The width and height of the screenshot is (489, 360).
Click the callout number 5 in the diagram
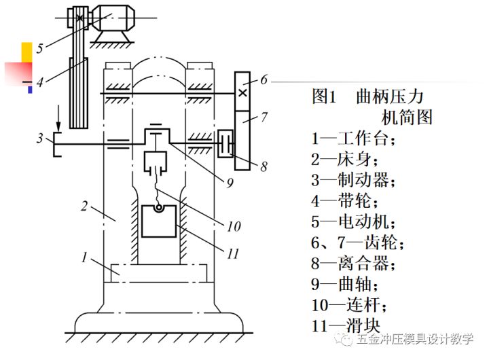41,48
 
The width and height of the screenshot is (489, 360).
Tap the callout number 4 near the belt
40,82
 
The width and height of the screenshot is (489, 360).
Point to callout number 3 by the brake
40,139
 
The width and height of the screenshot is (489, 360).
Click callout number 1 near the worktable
84,257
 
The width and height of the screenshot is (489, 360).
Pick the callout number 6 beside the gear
264,79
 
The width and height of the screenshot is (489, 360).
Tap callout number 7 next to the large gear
265,118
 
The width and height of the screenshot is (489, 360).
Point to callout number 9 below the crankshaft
230,181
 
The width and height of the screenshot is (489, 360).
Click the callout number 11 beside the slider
233,254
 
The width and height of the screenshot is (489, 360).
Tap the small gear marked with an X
242,91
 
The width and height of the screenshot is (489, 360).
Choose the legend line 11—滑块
346,325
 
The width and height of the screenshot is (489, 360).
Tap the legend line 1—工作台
352,139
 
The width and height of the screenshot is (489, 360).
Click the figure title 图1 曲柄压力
367,96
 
